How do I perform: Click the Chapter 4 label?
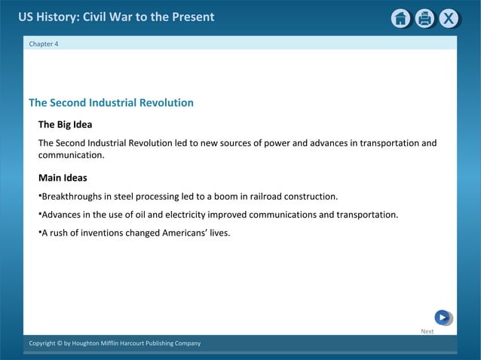44,44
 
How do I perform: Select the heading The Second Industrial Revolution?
111,102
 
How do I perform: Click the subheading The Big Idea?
65,124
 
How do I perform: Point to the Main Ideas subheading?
63,178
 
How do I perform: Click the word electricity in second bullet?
185,215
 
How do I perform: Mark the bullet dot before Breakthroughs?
40,196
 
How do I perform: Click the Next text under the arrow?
427,331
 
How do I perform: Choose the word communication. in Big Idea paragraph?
71,155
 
